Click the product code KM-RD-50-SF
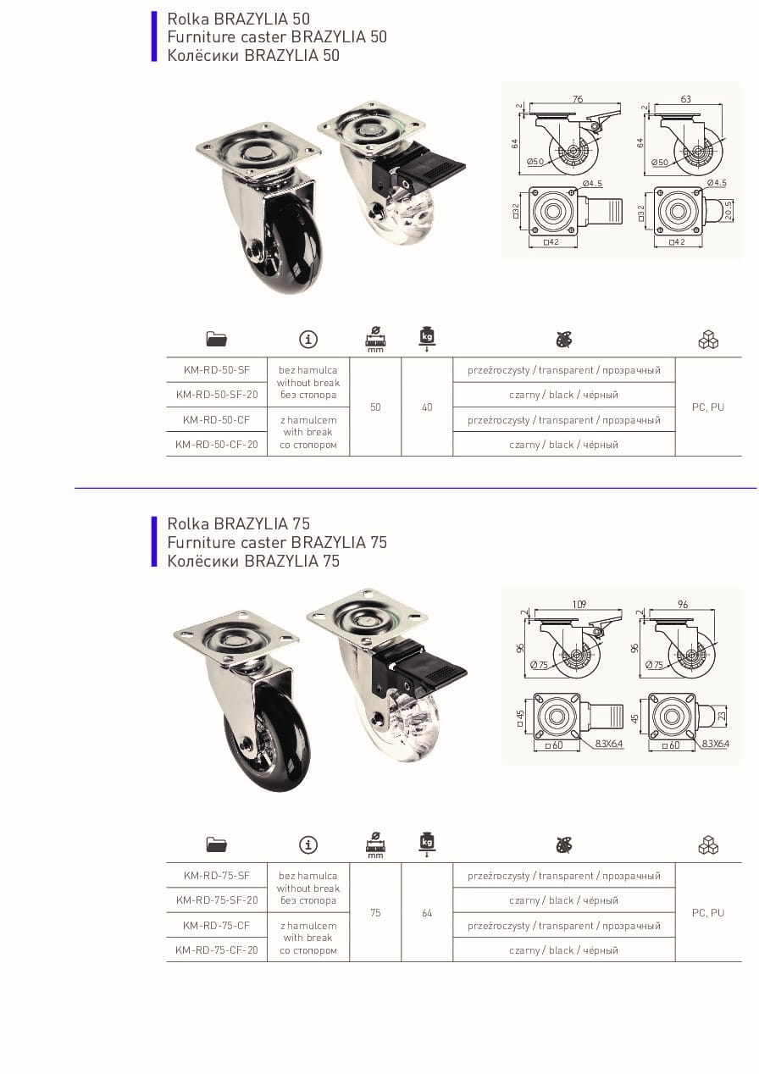tap(217, 370)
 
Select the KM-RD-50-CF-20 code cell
tap(217, 445)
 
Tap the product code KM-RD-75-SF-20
tap(217, 900)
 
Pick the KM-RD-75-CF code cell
tap(217, 926)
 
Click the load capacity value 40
tap(427, 407)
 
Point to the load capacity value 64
tap(427, 913)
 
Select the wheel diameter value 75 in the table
tap(375, 913)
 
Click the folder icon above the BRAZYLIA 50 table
tap(217, 339)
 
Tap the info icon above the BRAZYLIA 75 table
tap(308, 844)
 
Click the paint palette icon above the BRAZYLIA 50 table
tap(564, 340)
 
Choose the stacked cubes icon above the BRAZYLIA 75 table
tap(708, 844)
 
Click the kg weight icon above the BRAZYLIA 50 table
tap(427, 338)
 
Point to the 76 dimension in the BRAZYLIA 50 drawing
tap(578, 99)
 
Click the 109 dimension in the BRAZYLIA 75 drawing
tap(579, 604)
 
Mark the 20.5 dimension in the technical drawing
tap(729, 210)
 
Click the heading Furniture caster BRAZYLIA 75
tap(277, 542)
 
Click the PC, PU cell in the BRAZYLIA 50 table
tap(707, 407)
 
